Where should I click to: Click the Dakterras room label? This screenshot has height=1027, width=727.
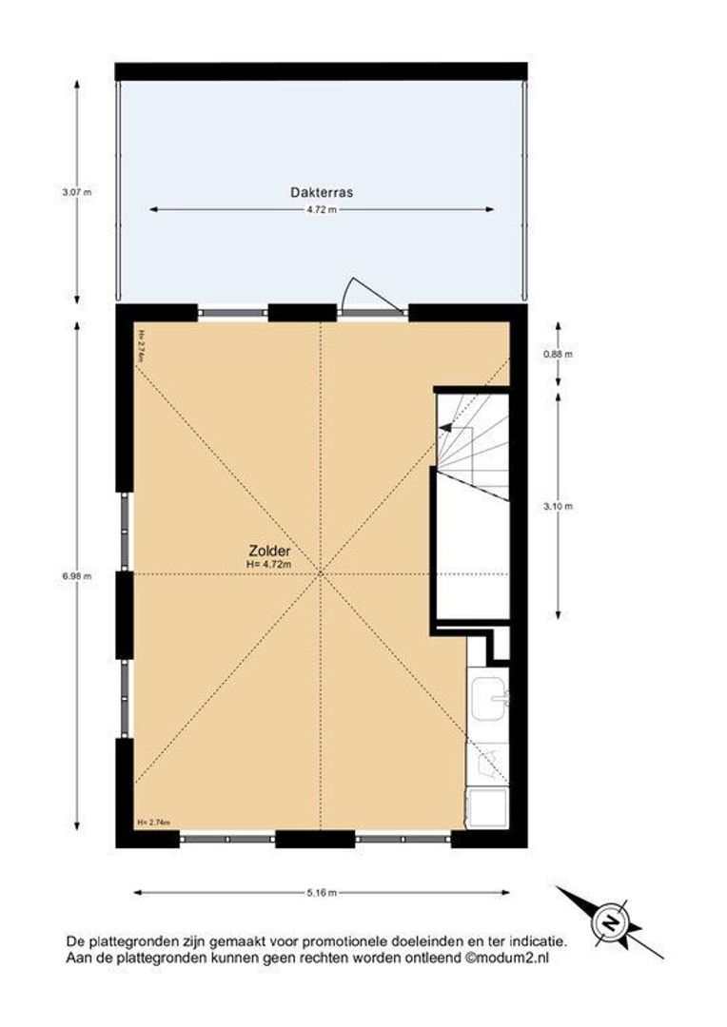[x=322, y=192]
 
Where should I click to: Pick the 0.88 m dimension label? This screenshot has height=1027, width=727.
[x=565, y=354]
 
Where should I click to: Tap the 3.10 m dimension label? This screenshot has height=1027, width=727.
[x=565, y=506]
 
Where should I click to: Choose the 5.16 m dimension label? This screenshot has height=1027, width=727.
[x=322, y=893]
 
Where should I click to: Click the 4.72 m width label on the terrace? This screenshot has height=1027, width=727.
[x=322, y=210]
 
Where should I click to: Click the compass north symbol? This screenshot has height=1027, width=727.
[x=608, y=920]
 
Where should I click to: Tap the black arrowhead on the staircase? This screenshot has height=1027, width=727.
[x=445, y=428]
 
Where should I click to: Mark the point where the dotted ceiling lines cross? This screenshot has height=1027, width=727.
[x=321, y=573]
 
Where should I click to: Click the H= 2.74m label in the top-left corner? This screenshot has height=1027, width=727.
[x=141, y=341]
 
